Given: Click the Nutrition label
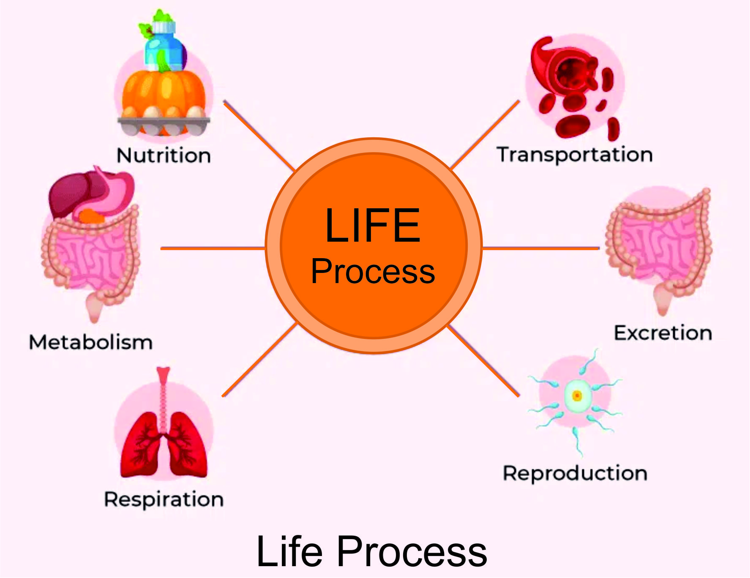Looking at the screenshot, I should click(164, 155).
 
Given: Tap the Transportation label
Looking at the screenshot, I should click(575, 155).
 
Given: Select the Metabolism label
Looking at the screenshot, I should click(91, 342).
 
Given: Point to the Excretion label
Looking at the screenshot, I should click(663, 333).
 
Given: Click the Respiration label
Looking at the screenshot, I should click(164, 499).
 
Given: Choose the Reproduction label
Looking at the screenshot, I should click(575, 473).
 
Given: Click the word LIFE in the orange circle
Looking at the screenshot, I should click(373, 226).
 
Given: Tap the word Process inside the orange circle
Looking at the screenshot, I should click(373, 271).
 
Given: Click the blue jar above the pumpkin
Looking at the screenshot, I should click(163, 46).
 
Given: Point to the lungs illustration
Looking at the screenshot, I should click(164, 444).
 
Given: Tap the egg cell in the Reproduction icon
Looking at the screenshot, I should click(577, 396).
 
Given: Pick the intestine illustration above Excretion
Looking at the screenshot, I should click(659, 245).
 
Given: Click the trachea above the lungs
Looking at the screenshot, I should click(163, 393).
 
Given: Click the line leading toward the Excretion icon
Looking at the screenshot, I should click(541, 248).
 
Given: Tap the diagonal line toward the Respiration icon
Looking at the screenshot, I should click(259, 360).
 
